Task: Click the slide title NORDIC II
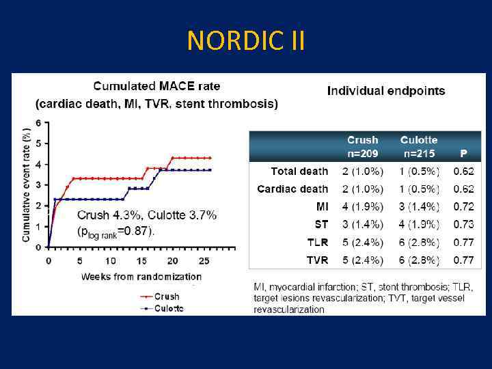point(246,42)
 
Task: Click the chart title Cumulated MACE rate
point(156,87)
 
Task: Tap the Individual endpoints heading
point(386,90)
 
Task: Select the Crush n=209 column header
point(362,146)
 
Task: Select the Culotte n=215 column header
point(419,146)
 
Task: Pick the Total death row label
point(299,172)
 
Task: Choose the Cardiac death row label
point(292,189)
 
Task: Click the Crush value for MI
point(362,207)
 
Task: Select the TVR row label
point(317,260)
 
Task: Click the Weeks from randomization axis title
point(141,277)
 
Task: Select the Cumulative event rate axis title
point(27,184)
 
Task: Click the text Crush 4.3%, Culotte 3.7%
point(147,215)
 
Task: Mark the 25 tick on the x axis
point(202,261)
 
